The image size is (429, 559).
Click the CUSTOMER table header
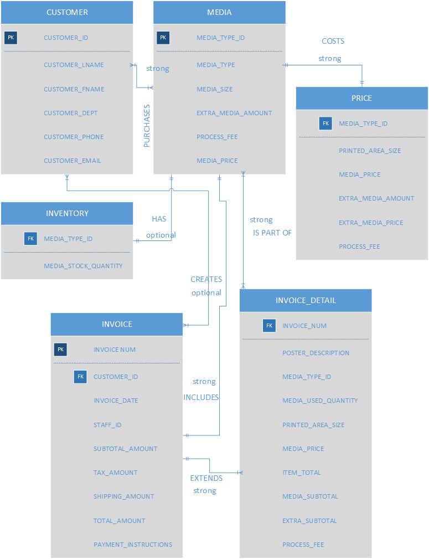click(x=67, y=12)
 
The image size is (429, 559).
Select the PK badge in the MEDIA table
click(x=163, y=38)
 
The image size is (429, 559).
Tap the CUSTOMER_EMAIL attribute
click(x=73, y=161)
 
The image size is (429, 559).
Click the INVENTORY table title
click(x=67, y=213)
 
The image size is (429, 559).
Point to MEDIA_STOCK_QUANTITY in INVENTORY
click(x=83, y=266)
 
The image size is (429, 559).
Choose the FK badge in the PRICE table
click(x=325, y=124)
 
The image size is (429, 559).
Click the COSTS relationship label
click(x=333, y=41)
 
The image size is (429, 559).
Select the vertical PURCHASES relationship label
click(x=147, y=126)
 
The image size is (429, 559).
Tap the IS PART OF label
click(x=272, y=233)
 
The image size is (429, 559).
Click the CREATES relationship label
click(x=206, y=279)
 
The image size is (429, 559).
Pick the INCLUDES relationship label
click(x=201, y=397)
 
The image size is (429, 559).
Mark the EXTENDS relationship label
click(x=206, y=478)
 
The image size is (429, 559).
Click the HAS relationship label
click(x=159, y=219)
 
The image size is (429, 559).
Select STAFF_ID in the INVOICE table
click(x=107, y=425)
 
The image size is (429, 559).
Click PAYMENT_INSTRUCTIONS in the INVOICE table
click(x=133, y=545)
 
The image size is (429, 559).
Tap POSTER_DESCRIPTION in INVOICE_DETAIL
click(x=316, y=353)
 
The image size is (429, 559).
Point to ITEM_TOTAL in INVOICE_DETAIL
click(x=301, y=473)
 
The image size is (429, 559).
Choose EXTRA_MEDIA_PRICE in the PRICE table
click(x=371, y=223)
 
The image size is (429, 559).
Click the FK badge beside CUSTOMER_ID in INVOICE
click(x=81, y=377)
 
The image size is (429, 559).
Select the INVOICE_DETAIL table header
click(x=306, y=300)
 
